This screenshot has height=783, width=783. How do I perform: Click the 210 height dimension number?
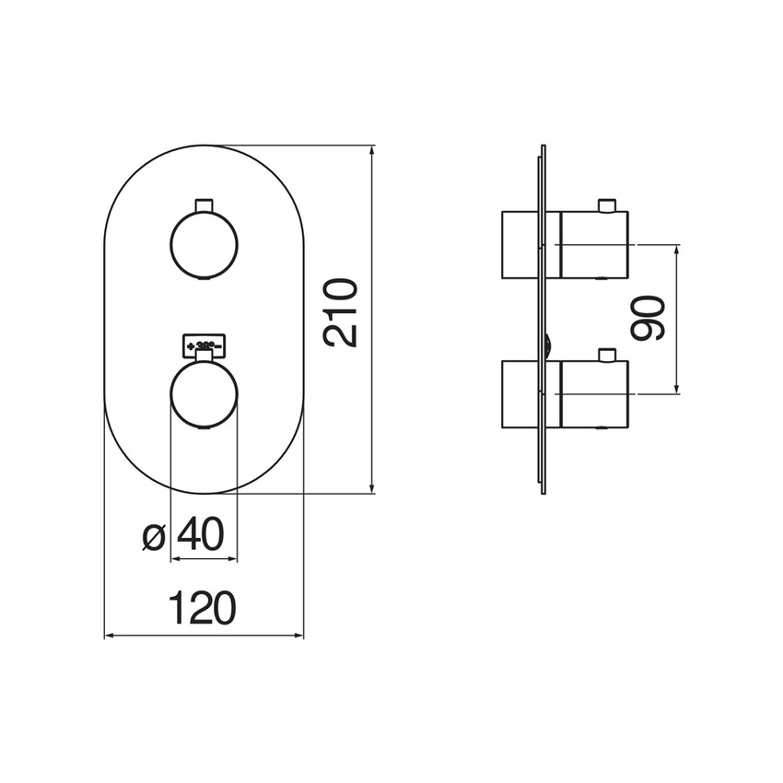342,313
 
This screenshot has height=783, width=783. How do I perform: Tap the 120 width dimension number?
203,608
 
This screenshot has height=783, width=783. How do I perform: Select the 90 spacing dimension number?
651,319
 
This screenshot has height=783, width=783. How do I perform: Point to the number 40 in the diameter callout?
201,534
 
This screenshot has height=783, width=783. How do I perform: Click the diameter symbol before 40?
155,535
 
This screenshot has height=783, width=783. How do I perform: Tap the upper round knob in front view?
204,244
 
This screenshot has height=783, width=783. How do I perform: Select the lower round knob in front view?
204,395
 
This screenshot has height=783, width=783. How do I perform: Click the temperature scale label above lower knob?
205,345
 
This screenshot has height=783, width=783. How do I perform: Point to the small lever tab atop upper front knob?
204,205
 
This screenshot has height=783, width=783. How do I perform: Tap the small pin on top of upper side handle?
606,205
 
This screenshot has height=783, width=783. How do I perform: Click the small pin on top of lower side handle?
606,356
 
